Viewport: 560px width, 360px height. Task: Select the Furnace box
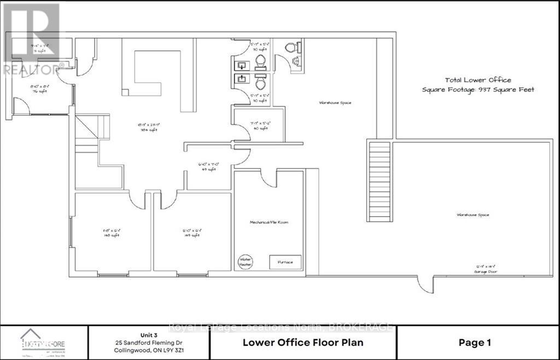(x=285, y=262)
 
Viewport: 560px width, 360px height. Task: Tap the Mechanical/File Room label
(x=269, y=222)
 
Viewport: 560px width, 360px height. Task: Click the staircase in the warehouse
(x=379, y=181)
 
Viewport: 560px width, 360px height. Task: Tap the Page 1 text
(x=475, y=343)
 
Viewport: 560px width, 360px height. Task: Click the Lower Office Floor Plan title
(x=302, y=343)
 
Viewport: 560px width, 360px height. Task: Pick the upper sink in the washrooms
(x=241, y=66)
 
